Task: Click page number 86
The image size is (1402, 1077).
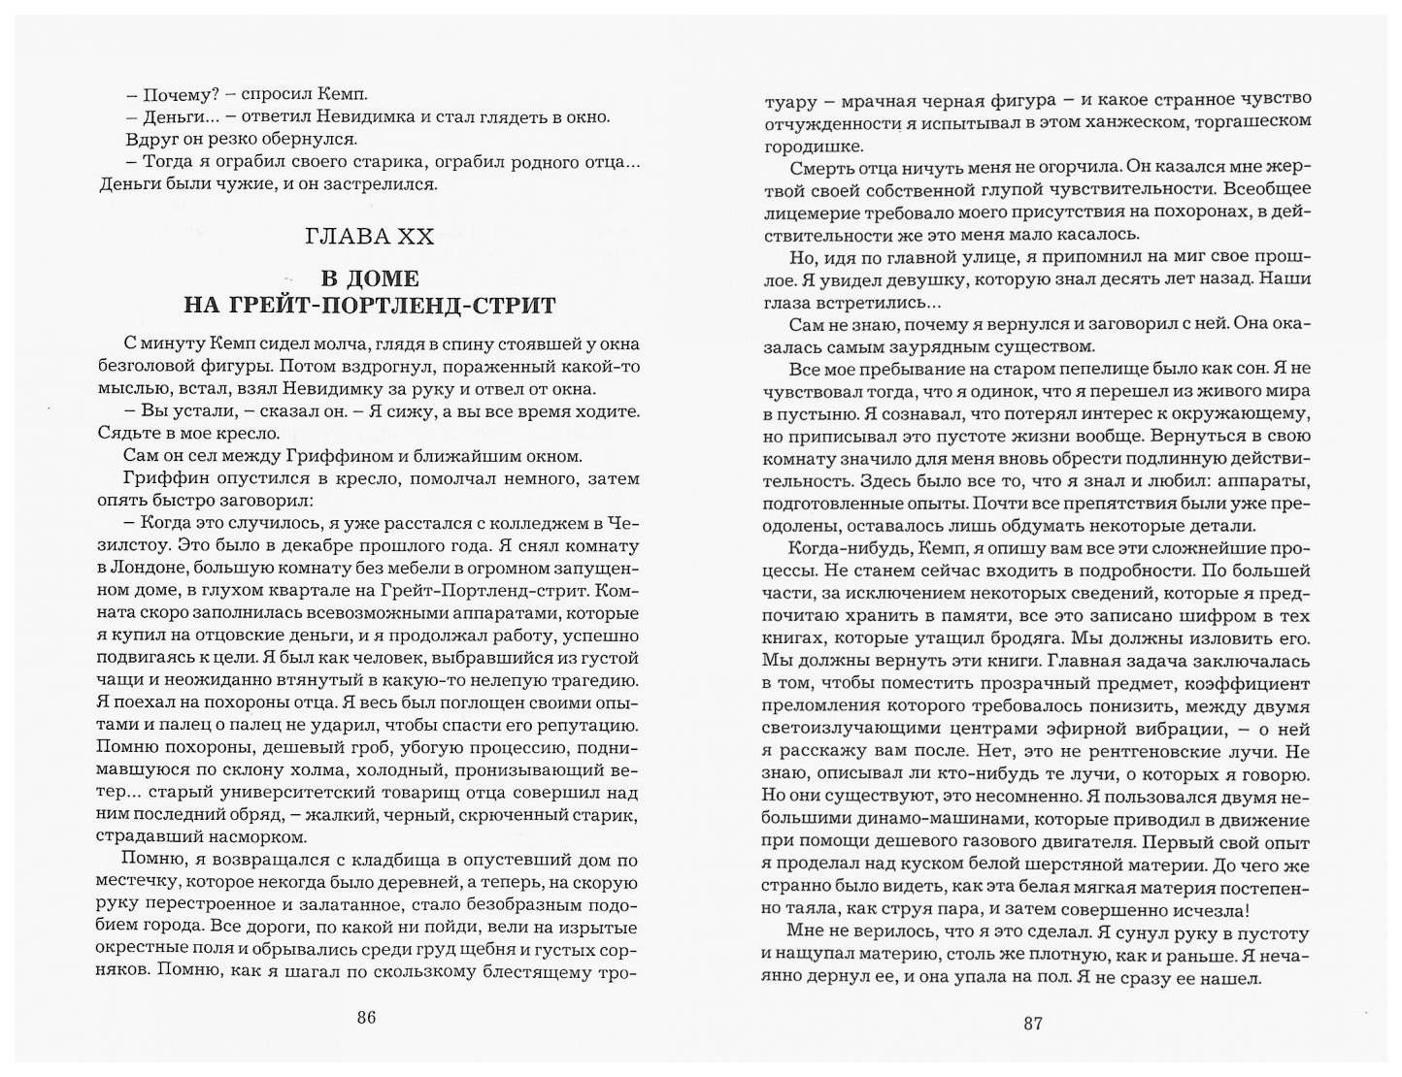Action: point(365,1018)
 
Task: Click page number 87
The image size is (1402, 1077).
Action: point(1031,1023)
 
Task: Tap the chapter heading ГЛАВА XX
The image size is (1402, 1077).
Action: point(369,236)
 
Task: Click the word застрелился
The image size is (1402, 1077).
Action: point(388,183)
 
